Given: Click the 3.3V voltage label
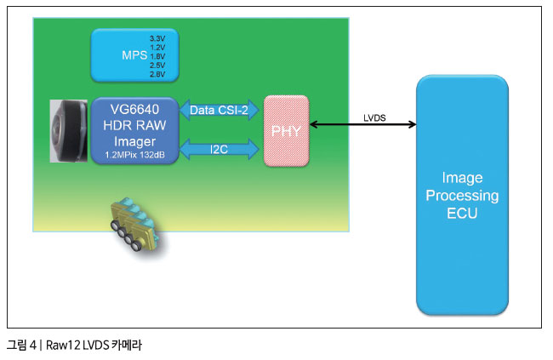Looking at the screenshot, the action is click(x=157, y=38).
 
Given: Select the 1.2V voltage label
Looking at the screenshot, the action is click(x=157, y=48).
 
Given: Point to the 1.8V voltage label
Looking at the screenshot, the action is click(x=157, y=56).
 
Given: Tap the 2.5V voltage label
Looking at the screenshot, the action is click(x=157, y=65).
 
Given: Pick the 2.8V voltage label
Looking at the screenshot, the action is click(x=157, y=74).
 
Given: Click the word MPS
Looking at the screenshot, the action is click(x=134, y=55).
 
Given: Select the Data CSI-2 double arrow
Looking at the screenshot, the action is click(x=219, y=110).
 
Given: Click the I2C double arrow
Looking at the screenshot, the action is click(x=219, y=149).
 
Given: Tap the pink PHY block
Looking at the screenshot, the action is click(x=287, y=130).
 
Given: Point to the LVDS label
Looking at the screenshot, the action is click(x=374, y=118).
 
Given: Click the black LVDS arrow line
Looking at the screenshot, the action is click(x=363, y=124).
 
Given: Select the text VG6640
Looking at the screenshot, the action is click(x=134, y=110).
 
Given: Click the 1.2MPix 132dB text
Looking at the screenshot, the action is click(x=134, y=155).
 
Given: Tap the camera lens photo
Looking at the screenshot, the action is click(x=68, y=131).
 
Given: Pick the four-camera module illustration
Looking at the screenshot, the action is click(x=134, y=226).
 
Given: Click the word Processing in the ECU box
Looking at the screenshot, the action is click(x=462, y=196).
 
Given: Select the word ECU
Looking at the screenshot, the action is click(x=462, y=213).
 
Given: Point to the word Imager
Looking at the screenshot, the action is click(x=134, y=141).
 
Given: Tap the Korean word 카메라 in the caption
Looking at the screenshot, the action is click(x=126, y=345).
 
